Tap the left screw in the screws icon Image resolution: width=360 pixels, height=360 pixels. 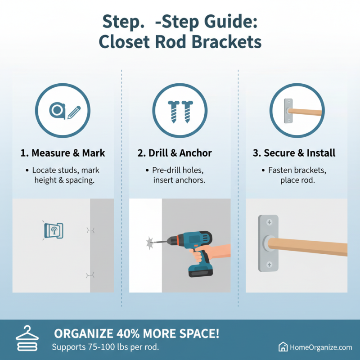click(173, 110)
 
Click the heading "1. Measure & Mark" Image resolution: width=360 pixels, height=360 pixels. click(63, 153)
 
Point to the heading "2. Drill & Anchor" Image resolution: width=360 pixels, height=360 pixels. click(180, 153)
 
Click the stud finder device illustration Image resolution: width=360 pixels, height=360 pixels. click(54, 229)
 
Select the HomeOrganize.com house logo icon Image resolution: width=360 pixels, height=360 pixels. click(283, 347)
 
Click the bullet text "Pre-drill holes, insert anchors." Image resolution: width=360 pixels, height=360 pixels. click(179, 175)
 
